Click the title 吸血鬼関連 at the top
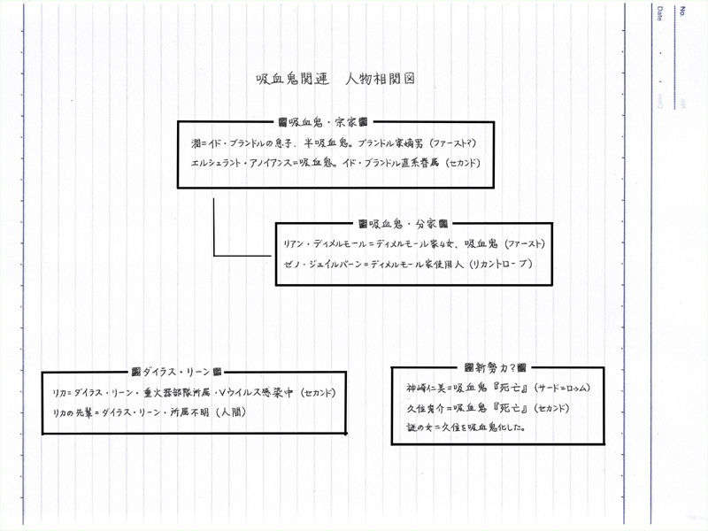(x=291, y=80)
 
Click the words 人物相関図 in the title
(x=379, y=80)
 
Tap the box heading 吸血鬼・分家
(x=403, y=224)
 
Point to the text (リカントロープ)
(x=501, y=265)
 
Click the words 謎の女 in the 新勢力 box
(x=414, y=427)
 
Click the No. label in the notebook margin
(x=683, y=11)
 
